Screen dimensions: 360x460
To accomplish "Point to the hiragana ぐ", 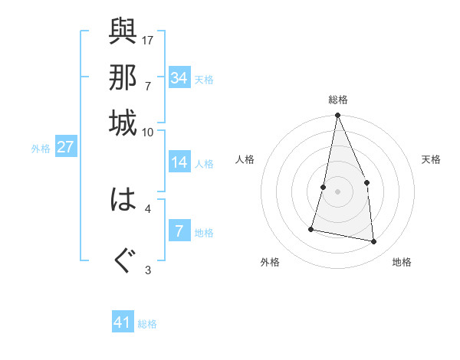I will (123, 260).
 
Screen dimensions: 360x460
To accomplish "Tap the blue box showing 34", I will (179, 78).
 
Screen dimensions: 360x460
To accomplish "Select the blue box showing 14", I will (179, 162).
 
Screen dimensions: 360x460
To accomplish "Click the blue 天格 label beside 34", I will (204, 79).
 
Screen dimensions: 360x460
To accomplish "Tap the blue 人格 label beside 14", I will (204, 163).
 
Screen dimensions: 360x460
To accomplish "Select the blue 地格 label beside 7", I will (204, 232).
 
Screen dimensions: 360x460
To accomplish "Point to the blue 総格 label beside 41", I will (147, 324).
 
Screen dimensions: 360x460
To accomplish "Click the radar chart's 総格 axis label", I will (338, 100).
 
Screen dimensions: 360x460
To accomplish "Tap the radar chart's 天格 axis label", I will (431, 159).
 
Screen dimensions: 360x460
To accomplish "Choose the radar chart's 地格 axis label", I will (402, 263).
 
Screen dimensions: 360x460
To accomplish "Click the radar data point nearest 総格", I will (337, 116).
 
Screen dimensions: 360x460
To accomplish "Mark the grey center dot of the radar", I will (337, 191).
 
